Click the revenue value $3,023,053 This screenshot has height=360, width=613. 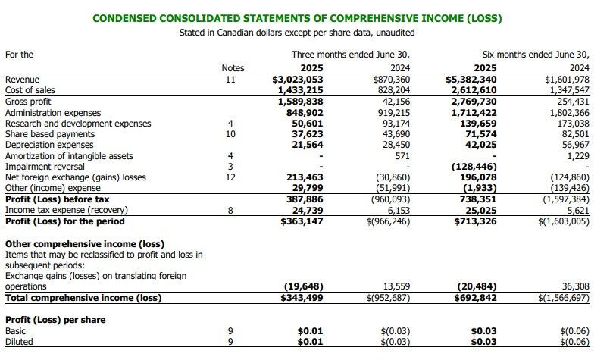click(x=298, y=79)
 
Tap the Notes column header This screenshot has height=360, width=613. click(x=232, y=67)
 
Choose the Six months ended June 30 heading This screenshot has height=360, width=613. click(x=535, y=55)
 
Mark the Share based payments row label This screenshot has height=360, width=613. click(x=49, y=134)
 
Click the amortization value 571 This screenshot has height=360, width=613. click(x=402, y=156)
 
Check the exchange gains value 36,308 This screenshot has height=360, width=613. click(x=571, y=286)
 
